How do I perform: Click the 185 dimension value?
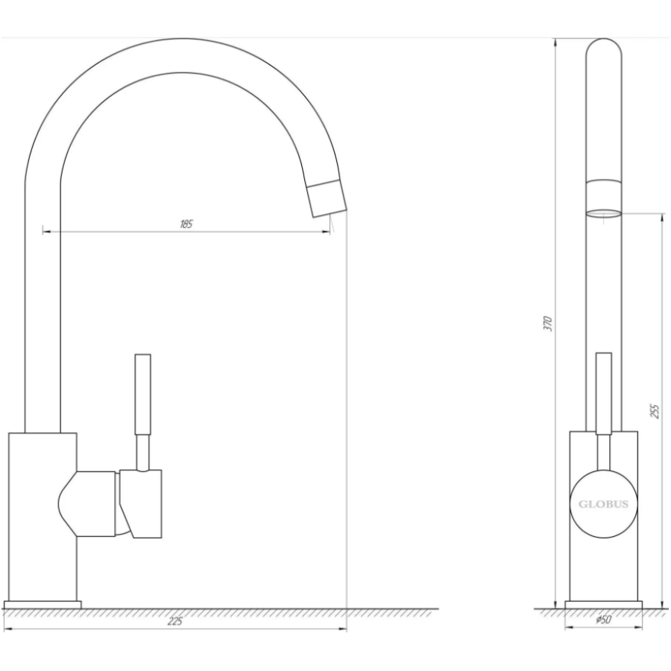[x=186, y=224]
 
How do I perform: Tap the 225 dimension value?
[x=174, y=621]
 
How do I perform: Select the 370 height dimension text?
[x=549, y=324]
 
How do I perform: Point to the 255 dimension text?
[x=655, y=411]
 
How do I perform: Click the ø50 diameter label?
[x=603, y=620]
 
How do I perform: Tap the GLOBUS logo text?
[x=603, y=504]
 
